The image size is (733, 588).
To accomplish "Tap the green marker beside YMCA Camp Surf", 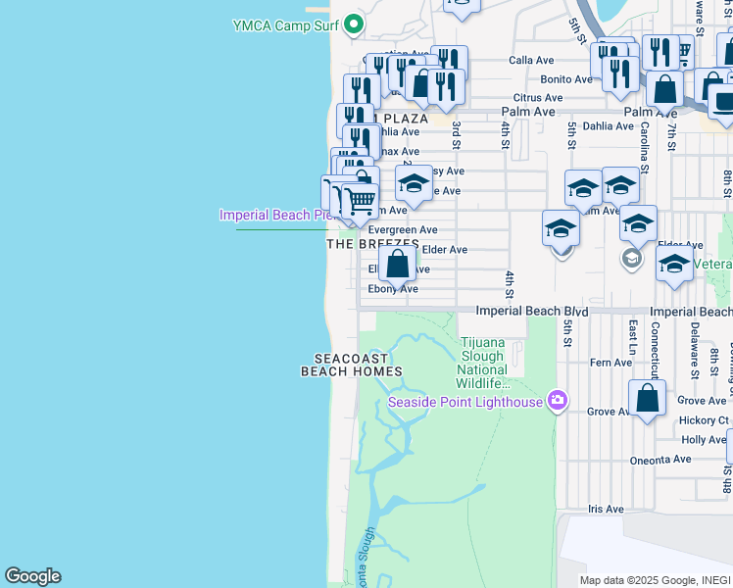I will [355, 24].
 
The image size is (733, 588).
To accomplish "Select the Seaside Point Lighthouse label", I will [465, 402].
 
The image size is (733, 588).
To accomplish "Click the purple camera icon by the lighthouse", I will [558, 400].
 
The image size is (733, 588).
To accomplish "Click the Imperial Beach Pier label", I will [275, 215].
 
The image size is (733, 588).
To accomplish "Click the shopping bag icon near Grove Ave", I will [647, 398].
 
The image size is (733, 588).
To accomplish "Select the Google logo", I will [32, 576].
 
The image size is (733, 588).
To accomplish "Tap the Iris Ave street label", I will [606, 510].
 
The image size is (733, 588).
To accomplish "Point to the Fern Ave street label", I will [611, 363].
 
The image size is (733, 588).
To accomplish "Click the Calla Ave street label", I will [531, 61].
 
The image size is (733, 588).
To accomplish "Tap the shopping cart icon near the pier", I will [360, 201].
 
